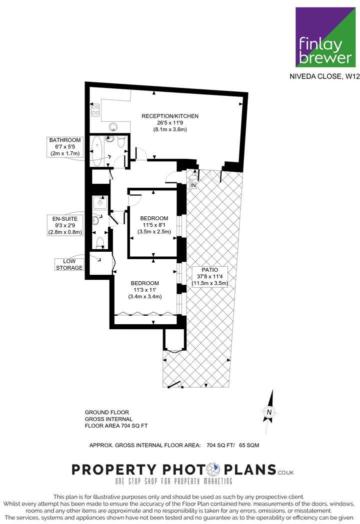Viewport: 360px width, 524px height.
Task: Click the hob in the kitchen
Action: click(95, 110)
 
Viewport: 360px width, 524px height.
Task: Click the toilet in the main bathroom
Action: click(120, 143)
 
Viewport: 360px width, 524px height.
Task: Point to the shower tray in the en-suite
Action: click(99, 203)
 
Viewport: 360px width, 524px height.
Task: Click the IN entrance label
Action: click(193, 185)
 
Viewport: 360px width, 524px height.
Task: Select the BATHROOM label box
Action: click(65, 146)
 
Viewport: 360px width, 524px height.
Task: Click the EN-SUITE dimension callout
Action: click(64, 225)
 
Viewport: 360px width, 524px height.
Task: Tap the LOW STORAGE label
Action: click(69, 265)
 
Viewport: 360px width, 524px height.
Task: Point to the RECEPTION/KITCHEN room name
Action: click(170, 116)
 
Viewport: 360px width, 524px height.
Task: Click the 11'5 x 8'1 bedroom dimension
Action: click(154, 225)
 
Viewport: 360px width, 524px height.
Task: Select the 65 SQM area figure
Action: click(248, 445)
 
